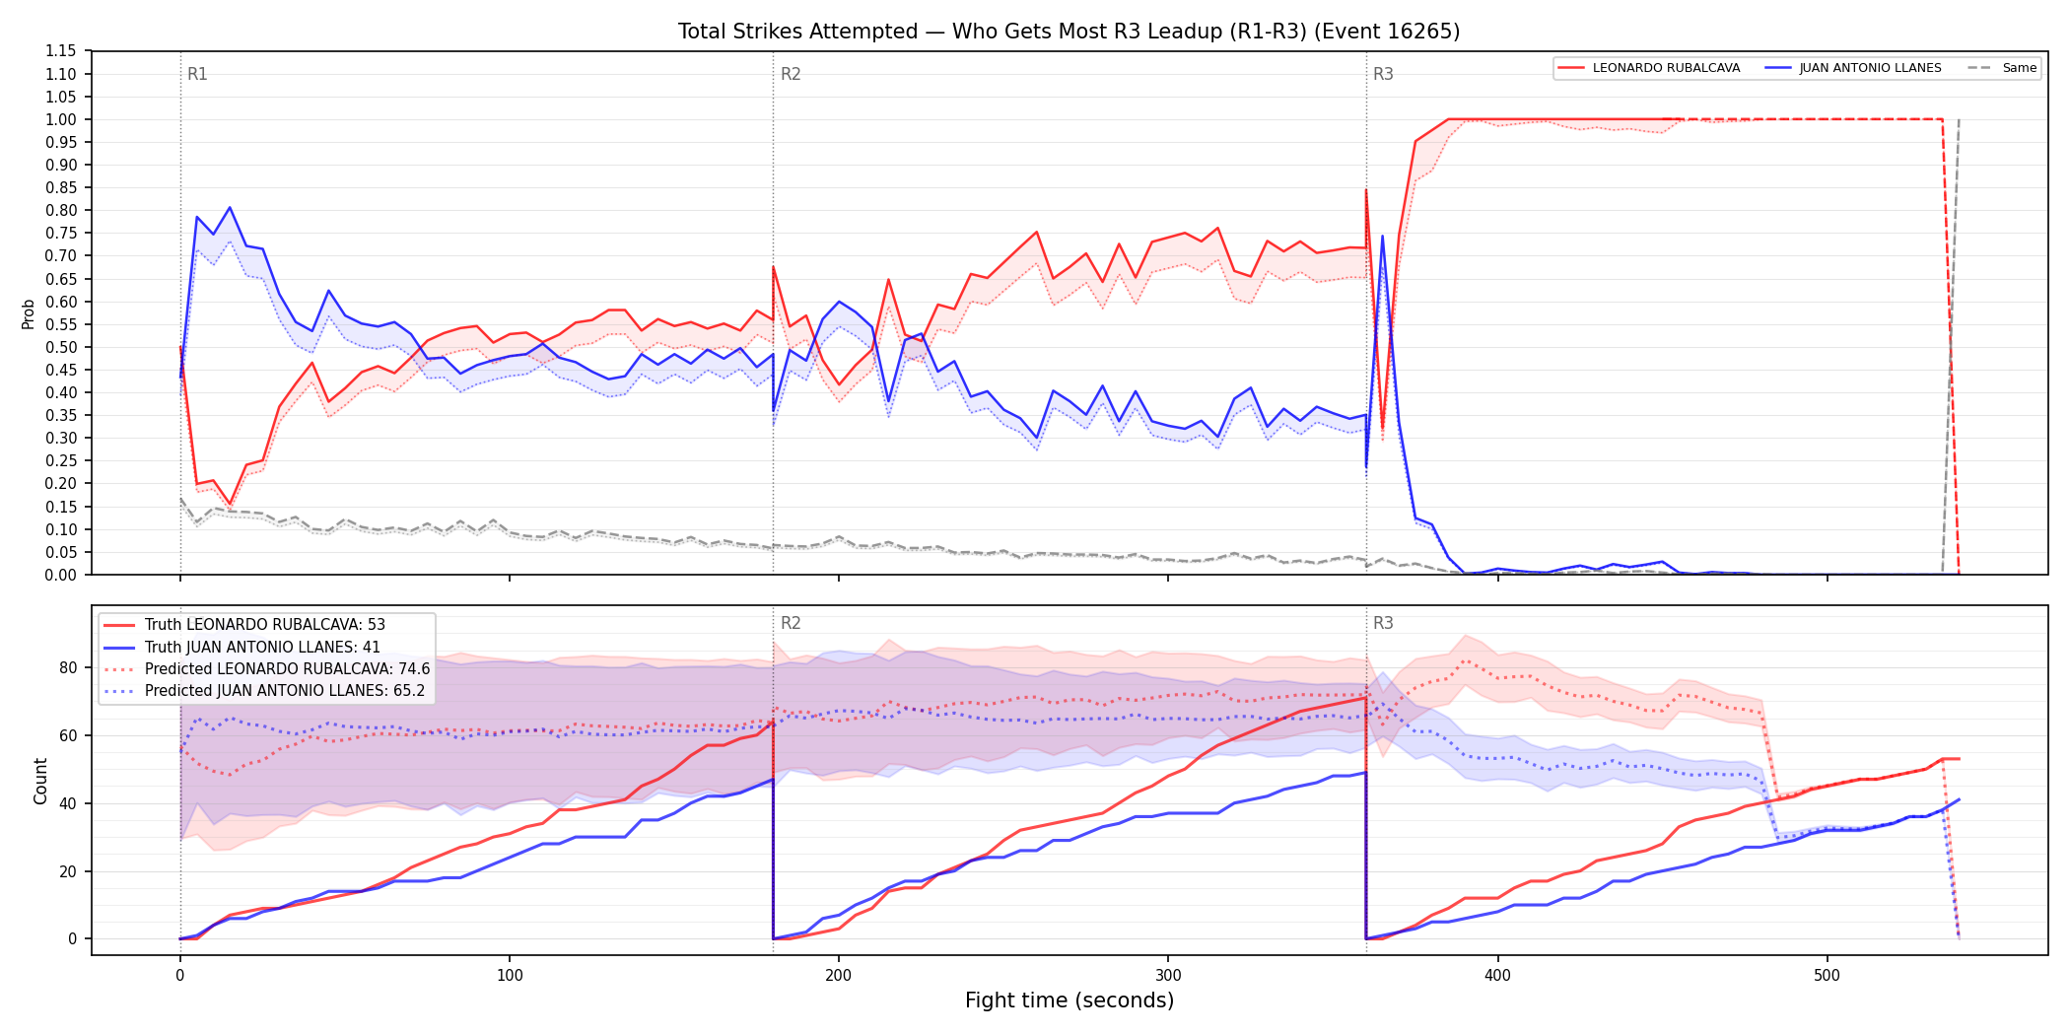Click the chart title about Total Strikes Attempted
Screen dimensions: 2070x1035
pyautogui.click(x=1069, y=32)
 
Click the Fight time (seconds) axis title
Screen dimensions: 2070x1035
pyautogui.click(x=1069, y=1000)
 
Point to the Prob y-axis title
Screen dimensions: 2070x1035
pyautogui.click(x=29, y=313)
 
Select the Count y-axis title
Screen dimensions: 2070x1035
pyautogui.click(x=40, y=781)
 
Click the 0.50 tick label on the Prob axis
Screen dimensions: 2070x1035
pyautogui.click(x=61, y=347)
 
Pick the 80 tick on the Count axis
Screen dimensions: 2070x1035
pyautogui.click(x=67, y=667)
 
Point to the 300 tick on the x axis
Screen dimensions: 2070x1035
pyautogui.click(x=1168, y=976)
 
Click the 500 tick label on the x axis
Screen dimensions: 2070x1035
pyautogui.click(x=1827, y=976)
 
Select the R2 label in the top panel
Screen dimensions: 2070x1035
pyautogui.click(x=791, y=74)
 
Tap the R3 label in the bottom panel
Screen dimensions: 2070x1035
pyautogui.click(x=1383, y=623)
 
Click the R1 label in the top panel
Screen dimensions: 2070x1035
pyautogui.click(x=197, y=74)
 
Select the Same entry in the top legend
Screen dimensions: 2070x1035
pyautogui.click(x=2002, y=68)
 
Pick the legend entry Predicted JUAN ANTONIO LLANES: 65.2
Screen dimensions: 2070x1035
pyautogui.click(x=264, y=691)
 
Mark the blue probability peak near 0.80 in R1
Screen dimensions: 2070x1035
pyautogui.click(x=230, y=207)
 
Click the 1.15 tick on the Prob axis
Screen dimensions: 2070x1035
pyautogui.click(x=61, y=51)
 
